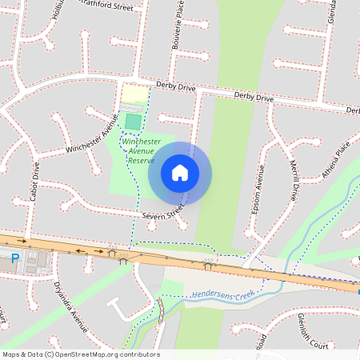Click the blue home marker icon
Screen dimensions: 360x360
point(180,173)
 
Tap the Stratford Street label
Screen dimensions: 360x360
point(103,6)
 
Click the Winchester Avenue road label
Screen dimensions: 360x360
point(92,137)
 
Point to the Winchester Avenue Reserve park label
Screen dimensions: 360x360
point(142,150)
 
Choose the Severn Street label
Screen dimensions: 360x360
point(163,213)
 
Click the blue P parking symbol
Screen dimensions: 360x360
point(14,258)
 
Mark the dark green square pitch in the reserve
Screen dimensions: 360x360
point(133,121)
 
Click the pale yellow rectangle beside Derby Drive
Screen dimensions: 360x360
point(134,94)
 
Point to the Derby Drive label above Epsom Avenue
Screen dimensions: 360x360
point(254,98)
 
